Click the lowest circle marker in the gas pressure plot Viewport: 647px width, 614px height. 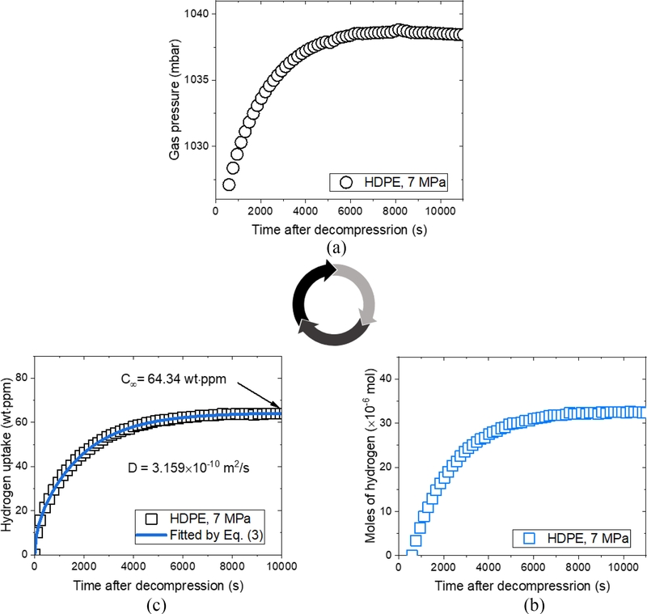[x=229, y=184]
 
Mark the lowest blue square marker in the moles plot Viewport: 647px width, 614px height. [x=412, y=555]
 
